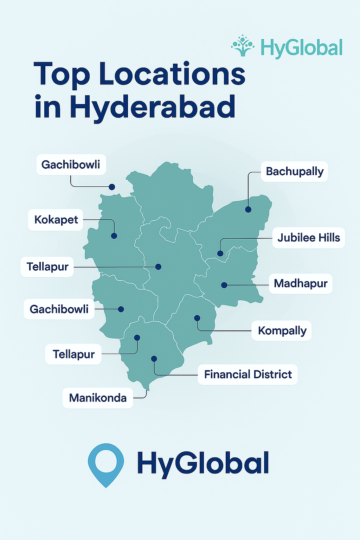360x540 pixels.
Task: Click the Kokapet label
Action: (56, 220)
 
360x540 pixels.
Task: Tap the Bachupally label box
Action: (294, 172)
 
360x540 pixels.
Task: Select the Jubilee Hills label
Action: (308, 238)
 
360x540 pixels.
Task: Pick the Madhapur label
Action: (301, 283)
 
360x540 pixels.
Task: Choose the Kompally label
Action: (282, 330)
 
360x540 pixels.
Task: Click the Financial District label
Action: (247, 374)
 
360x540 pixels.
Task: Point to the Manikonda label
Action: (97, 398)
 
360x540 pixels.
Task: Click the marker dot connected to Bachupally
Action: (248, 210)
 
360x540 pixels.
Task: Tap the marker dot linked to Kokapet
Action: (114, 236)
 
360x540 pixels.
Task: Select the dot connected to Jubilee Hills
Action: (220, 253)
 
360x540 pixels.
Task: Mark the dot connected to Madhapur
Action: (224, 285)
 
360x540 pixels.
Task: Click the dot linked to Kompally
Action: (197, 318)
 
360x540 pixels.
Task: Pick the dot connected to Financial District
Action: (154, 359)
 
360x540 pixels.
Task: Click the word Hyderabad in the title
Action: (152, 107)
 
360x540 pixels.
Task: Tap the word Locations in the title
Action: (172, 74)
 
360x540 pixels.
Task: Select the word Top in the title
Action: (62, 74)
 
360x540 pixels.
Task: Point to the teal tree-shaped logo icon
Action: (243, 46)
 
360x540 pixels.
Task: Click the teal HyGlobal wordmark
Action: (301, 48)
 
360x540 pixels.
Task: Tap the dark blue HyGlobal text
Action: (203, 463)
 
